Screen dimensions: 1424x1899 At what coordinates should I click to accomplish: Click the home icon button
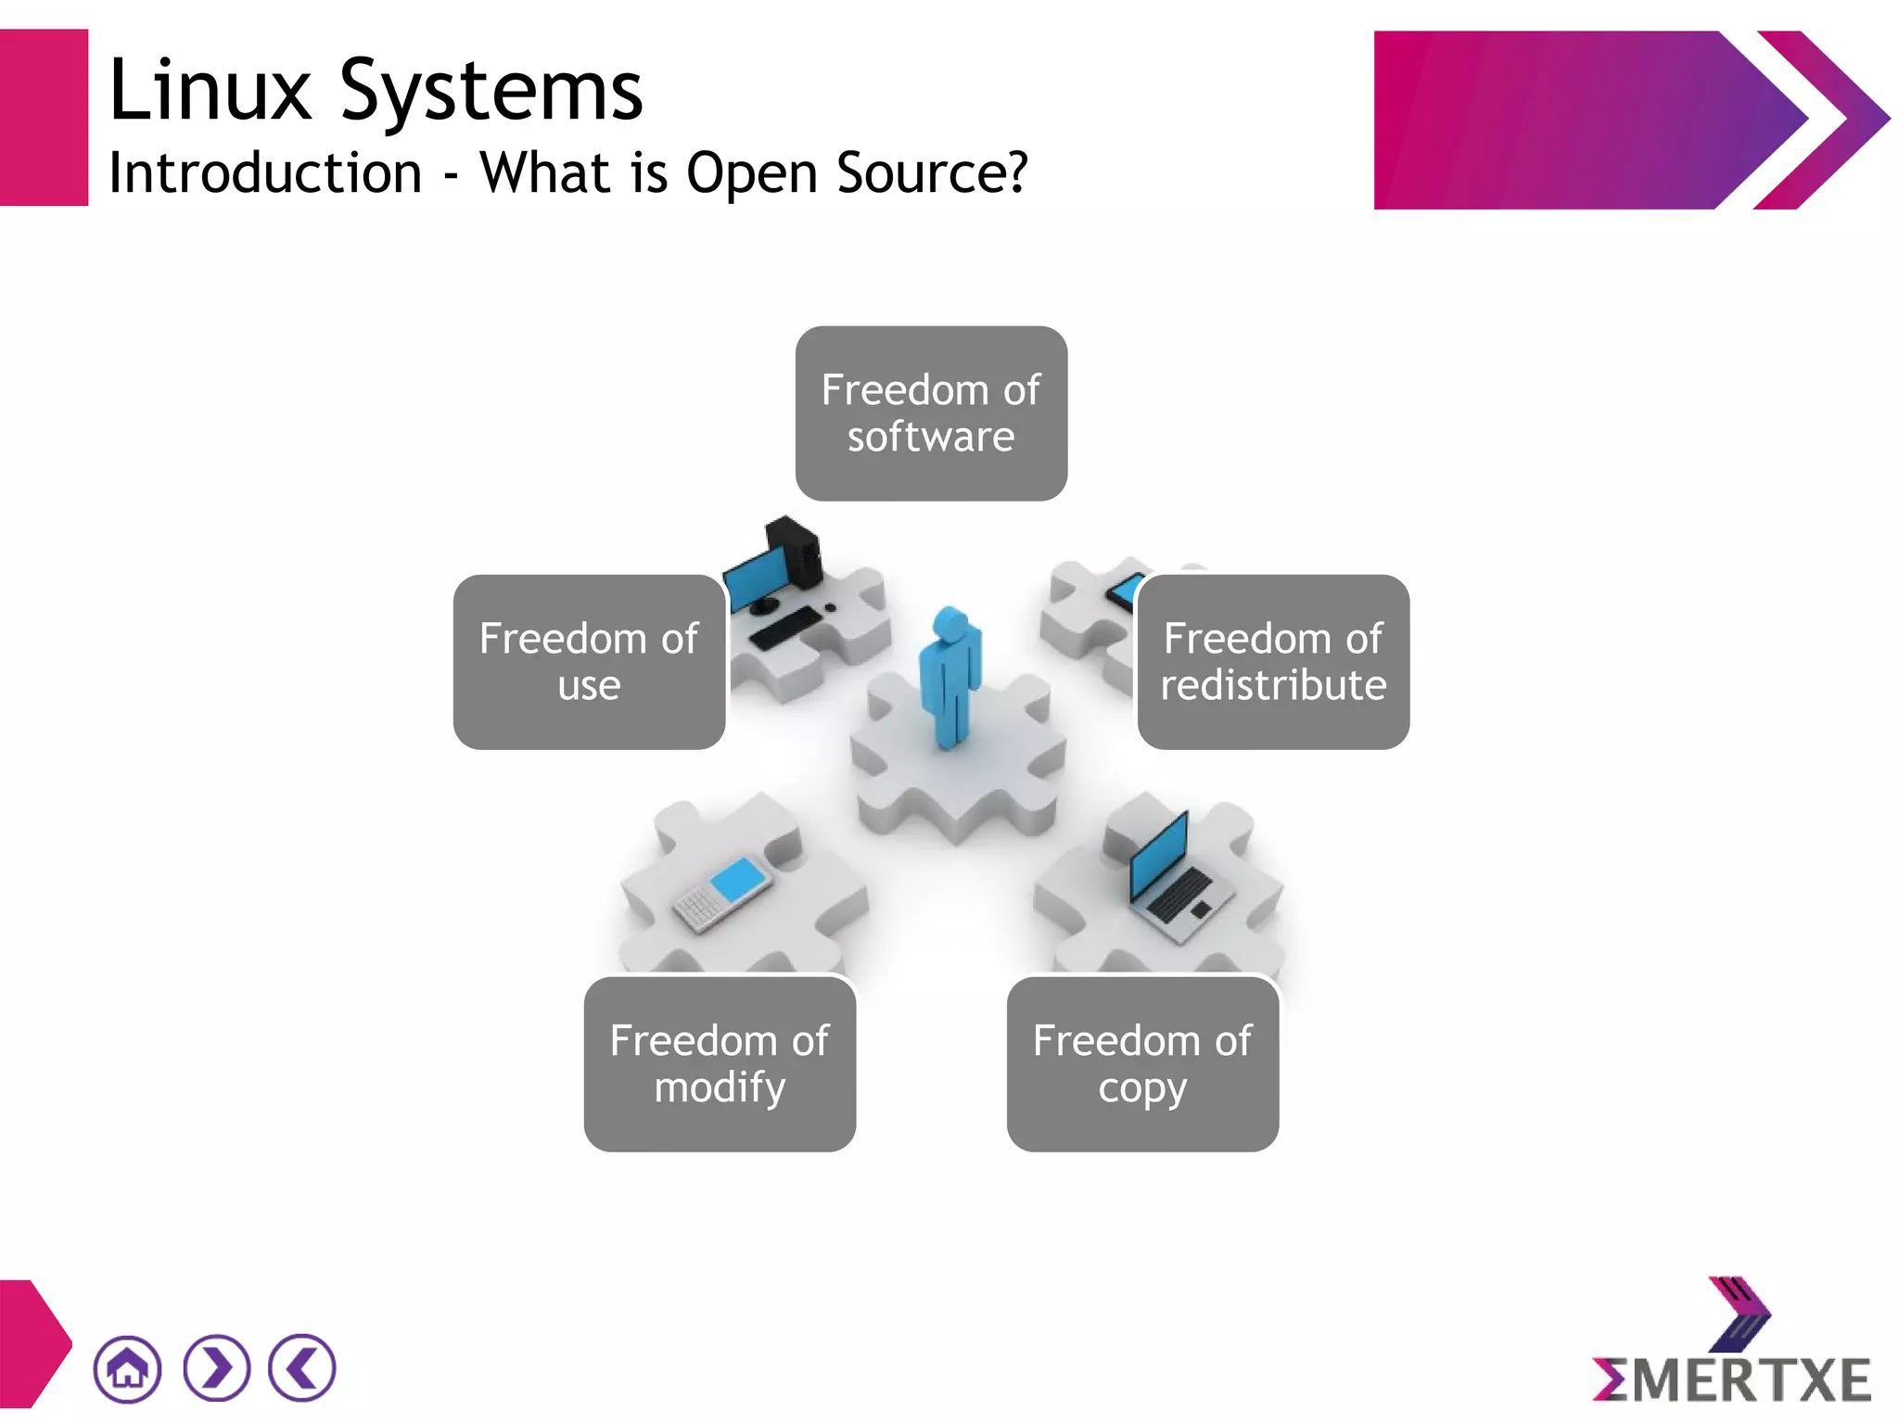pos(127,1368)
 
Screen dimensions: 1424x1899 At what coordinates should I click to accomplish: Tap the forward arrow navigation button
pos(216,1368)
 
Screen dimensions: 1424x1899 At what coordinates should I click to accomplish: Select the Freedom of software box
pos(931,413)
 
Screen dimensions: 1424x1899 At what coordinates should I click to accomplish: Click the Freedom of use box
pos(589,662)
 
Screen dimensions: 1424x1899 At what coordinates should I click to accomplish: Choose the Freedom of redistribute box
pos(1273,662)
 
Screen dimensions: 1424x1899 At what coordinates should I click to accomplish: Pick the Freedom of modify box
pos(720,1063)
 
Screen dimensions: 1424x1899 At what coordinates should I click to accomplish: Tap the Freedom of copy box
pos(1142,1063)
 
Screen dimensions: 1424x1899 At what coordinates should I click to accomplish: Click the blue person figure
pos(949,677)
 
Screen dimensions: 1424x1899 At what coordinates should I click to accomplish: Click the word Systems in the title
pos(491,91)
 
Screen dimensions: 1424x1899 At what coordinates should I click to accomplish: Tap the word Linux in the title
pos(210,91)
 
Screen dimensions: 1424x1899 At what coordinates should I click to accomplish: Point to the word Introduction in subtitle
pos(265,173)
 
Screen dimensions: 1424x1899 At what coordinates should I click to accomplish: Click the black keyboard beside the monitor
pos(784,629)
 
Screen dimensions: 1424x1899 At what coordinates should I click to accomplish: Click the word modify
pos(720,1087)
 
